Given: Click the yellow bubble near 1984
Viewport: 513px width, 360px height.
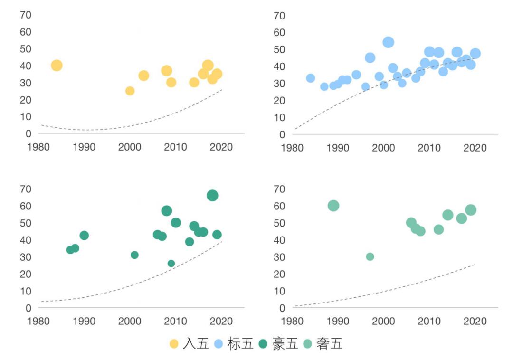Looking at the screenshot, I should tap(57, 66).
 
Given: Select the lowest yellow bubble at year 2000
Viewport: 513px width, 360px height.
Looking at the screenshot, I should tap(130, 91).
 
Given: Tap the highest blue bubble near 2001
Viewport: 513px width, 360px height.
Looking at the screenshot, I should tap(388, 42).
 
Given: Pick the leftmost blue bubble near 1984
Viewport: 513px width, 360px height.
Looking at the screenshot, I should tap(311, 78).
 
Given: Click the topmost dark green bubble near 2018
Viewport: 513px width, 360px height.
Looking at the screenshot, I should tap(212, 195).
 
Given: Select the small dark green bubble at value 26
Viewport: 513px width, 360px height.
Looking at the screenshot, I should tap(171, 264).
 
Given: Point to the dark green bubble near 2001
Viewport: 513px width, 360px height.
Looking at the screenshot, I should tap(134, 255).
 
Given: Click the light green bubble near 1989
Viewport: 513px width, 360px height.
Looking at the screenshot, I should tap(333, 206).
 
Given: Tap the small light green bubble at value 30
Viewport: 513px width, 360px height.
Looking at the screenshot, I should tap(370, 256).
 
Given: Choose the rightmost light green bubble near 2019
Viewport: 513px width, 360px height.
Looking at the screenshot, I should tap(471, 210).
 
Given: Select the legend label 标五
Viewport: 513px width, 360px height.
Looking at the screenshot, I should tap(240, 344).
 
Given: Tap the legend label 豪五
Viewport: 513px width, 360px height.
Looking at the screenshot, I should tap(285, 344).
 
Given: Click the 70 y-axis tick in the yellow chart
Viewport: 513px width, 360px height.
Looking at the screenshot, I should tap(26, 15).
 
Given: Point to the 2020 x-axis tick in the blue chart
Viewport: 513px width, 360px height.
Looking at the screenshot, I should tap(475, 148).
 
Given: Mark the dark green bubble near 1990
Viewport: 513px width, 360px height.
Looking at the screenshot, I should tap(84, 236).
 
